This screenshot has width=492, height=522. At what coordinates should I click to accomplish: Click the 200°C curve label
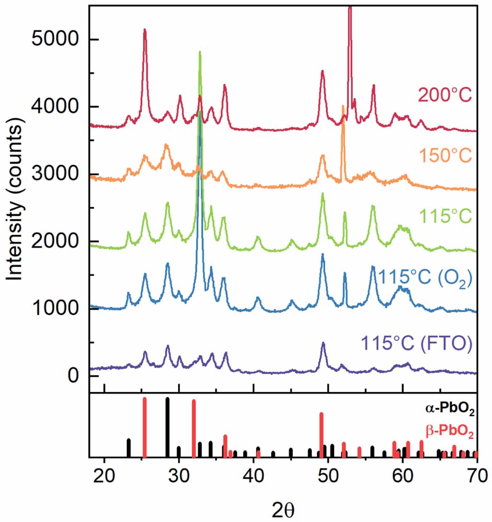pos(445,94)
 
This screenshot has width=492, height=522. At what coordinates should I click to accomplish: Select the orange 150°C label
pos(445,155)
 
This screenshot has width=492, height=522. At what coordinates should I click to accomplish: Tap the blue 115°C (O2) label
pos(425,277)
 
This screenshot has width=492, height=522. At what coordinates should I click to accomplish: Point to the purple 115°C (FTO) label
pos(416,344)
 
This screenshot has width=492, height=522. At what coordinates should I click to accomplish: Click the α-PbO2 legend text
pos(449,409)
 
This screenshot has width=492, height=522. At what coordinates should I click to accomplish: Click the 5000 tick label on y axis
pos(53,39)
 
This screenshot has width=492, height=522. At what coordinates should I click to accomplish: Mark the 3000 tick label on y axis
pos(53,174)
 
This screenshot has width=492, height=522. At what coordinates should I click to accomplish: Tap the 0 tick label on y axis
pos(72,375)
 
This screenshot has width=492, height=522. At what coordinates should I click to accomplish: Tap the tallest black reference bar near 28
pos(167,427)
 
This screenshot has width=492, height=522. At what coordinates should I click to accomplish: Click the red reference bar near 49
pos(321,434)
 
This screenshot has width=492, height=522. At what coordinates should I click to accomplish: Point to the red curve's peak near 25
pos(144,30)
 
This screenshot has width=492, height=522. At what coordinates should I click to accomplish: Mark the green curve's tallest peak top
pos(200,52)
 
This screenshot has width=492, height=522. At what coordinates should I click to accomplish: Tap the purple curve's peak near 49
pos(323,343)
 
